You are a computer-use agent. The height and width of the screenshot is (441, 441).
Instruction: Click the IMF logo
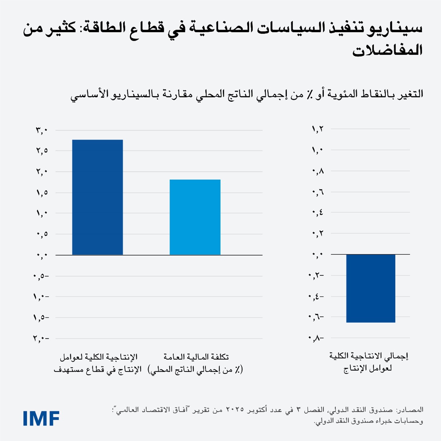click(x=41, y=418)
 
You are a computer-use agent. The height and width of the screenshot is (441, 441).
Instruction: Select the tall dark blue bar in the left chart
click(x=97, y=197)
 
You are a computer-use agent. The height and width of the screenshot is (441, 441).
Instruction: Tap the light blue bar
click(x=195, y=217)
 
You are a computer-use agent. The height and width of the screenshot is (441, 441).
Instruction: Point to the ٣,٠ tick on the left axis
click(x=42, y=130)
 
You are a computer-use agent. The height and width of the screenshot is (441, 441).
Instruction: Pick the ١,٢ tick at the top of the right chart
click(x=318, y=129)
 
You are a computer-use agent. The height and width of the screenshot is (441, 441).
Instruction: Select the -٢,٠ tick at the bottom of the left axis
click(x=41, y=339)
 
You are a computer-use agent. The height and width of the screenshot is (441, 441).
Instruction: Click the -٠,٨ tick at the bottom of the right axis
click(x=316, y=339)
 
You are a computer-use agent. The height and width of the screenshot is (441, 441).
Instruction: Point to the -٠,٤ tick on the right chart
click(x=316, y=297)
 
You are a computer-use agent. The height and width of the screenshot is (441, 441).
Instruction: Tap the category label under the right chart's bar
click(x=368, y=362)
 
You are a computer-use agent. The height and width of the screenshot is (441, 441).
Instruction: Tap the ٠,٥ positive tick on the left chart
click(x=42, y=234)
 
